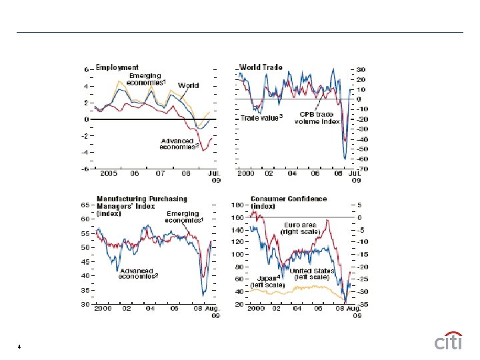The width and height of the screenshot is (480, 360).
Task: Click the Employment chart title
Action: pos(117,67)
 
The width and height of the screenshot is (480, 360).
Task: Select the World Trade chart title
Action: pos(261,67)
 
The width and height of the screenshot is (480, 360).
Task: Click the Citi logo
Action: pos(449,341)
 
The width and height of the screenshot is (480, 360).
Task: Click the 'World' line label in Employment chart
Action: pos(188,86)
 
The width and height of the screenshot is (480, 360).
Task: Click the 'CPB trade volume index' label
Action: pos(317,118)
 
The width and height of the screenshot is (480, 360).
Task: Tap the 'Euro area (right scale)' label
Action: pos(301,228)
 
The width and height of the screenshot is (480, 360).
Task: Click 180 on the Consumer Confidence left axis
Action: pos(238,205)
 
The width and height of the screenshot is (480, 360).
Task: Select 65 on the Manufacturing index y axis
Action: pos(85,205)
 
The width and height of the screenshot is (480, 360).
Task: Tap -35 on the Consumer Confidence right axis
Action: pos(359,304)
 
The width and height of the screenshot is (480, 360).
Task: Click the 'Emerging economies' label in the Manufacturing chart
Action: pos(184,217)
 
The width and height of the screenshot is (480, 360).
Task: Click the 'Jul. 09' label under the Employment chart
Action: pos(215,176)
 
